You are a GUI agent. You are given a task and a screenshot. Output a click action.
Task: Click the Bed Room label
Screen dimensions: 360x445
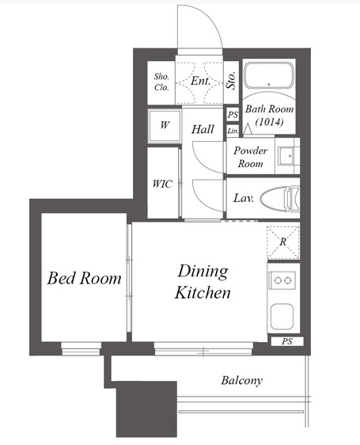point(84,278)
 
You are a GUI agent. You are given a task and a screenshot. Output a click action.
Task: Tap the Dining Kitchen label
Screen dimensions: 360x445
point(203,282)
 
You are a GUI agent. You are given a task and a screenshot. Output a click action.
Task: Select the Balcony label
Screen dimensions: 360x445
point(241,381)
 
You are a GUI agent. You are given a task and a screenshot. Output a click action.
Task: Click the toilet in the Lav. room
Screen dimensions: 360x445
point(280,198)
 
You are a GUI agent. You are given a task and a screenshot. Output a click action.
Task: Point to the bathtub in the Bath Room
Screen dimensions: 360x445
point(269,76)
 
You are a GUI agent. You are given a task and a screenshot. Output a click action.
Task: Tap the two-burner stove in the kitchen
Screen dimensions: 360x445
point(282,280)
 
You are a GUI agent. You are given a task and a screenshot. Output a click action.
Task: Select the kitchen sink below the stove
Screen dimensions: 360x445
point(282,317)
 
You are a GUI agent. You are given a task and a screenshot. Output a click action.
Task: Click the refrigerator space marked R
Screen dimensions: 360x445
point(282,242)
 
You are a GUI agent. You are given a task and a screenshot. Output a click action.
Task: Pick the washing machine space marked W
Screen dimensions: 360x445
point(165,125)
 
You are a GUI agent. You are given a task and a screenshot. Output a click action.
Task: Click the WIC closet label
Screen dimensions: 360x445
point(162,184)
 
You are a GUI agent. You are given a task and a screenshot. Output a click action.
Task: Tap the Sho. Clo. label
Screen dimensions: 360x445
point(161,82)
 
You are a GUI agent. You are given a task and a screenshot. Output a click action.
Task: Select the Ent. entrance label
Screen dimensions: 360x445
point(200,81)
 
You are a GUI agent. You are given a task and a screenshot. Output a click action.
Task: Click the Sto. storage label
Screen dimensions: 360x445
point(231,80)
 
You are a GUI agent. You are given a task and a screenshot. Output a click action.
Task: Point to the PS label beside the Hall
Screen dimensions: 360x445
point(233,115)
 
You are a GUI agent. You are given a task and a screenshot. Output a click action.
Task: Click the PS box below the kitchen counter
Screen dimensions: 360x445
point(287,341)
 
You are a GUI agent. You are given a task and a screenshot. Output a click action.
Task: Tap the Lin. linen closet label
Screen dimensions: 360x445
point(233,131)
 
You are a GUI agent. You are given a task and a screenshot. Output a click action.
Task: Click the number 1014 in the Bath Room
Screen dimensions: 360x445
point(269,122)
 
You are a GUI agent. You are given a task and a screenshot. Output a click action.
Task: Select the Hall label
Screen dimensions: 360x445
point(203,129)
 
